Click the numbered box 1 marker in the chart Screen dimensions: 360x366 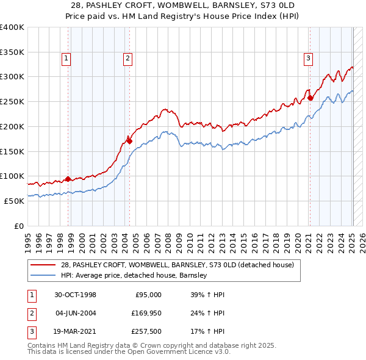pos(65,59)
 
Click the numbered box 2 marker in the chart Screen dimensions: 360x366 pos(127,59)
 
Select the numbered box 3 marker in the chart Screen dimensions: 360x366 pos(309,59)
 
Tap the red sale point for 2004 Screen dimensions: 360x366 pos(129,141)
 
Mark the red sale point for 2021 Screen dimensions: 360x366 pos(310,98)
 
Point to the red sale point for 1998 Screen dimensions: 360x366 pos(68,179)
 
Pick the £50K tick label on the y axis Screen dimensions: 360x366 pos(14,201)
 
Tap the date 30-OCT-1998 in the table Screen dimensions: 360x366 pos(75,295)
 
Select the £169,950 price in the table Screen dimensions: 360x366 pos(144,313)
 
